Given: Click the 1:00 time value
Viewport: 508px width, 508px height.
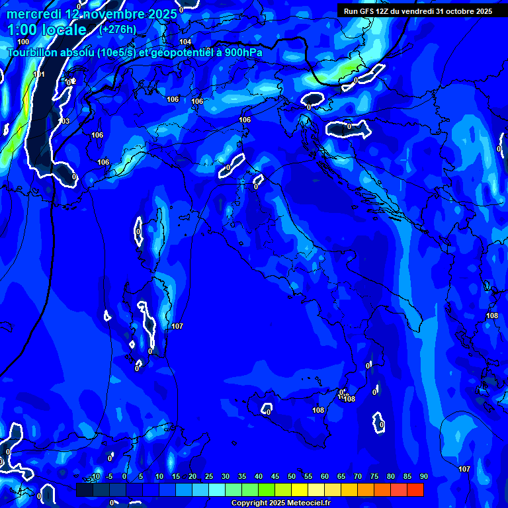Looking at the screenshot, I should pyautogui.click(x=21, y=30).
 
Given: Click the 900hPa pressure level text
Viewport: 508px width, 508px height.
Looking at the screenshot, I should pyautogui.click(x=239, y=52).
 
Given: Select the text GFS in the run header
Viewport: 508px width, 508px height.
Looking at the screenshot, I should pyautogui.click(x=367, y=11).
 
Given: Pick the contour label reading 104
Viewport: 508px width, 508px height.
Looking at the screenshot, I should pyautogui.click(x=185, y=42).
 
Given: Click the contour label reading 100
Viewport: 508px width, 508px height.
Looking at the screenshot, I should pyautogui.click(x=23, y=42).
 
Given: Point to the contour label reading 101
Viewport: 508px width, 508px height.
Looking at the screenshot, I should pyautogui.click(x=39, y=75).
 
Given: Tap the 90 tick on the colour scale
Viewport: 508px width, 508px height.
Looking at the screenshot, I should pyautogui.click(x=423, y=476).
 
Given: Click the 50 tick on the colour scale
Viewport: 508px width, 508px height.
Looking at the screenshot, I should pyautogui.click(x=292, y=476).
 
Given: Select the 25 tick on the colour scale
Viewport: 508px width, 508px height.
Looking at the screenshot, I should pyautogui.click(x=209, y=476).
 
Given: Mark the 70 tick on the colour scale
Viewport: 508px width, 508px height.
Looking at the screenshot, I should pyautogui.click(x=358, y=476).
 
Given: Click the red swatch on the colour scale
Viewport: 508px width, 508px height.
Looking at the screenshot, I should pyautogui.click(x=415, y=489).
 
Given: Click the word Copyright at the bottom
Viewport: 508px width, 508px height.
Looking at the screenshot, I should pyautogui.click(x=249, y=503).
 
